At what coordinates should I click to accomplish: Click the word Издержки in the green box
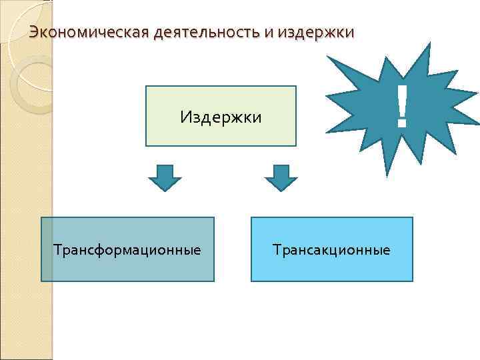tap(221, 117)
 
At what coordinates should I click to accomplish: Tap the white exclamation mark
tap(401, 107)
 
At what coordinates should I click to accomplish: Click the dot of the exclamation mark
tap(401, 124)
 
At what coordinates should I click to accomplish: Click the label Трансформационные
tap(127, 250)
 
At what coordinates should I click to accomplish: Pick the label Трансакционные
tap(331, 250)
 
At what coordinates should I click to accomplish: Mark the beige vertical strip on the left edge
tap(25, 200)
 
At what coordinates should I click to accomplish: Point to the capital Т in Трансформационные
tap(57, 250)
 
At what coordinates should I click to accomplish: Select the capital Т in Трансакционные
tap(276, 250)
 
